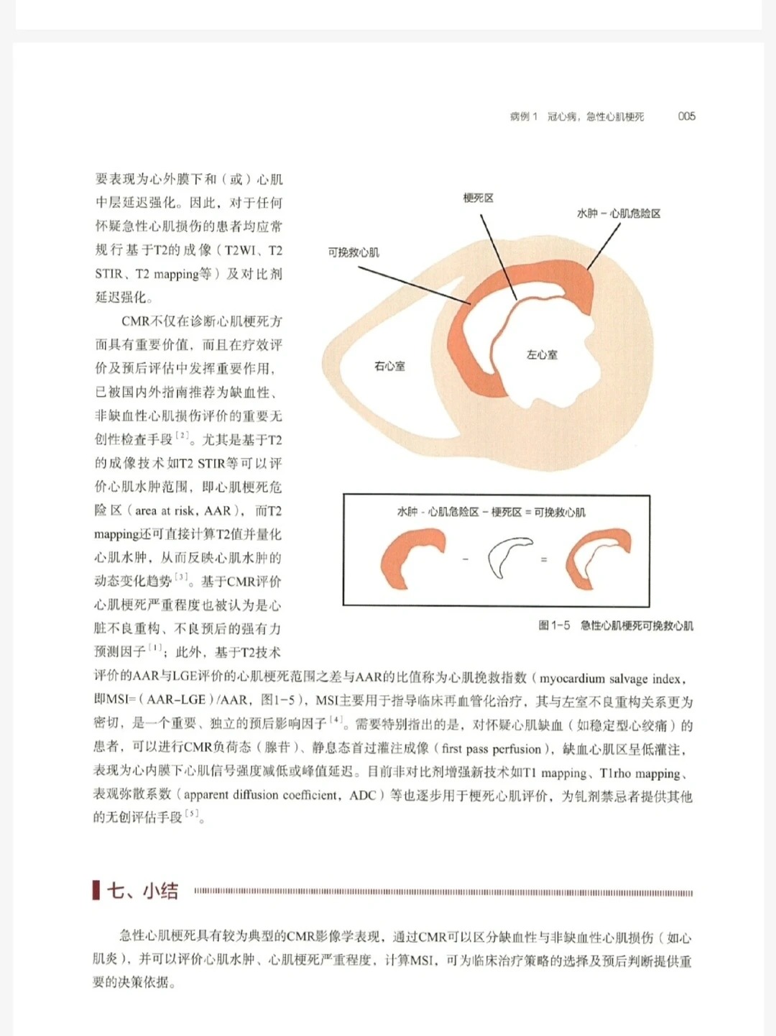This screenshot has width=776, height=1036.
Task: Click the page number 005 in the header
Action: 686,116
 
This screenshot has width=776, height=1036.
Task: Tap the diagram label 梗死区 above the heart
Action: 478,198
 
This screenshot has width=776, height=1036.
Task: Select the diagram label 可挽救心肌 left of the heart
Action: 354,252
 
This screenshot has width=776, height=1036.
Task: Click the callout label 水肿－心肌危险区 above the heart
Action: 619,214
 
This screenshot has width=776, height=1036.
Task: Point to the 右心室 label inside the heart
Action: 389,366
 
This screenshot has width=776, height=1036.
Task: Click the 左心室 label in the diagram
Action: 542,354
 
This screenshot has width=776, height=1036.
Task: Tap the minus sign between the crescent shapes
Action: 466,559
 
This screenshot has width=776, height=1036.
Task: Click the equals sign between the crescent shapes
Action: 544,559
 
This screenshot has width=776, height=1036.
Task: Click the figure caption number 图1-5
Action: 554,625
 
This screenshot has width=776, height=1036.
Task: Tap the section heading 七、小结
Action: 142,891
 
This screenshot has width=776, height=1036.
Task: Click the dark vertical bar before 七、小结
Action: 96,891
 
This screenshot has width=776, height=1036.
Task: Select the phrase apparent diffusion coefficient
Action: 260,795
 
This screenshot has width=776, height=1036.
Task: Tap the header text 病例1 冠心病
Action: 542,116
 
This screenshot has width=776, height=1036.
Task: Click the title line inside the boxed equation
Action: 491,512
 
